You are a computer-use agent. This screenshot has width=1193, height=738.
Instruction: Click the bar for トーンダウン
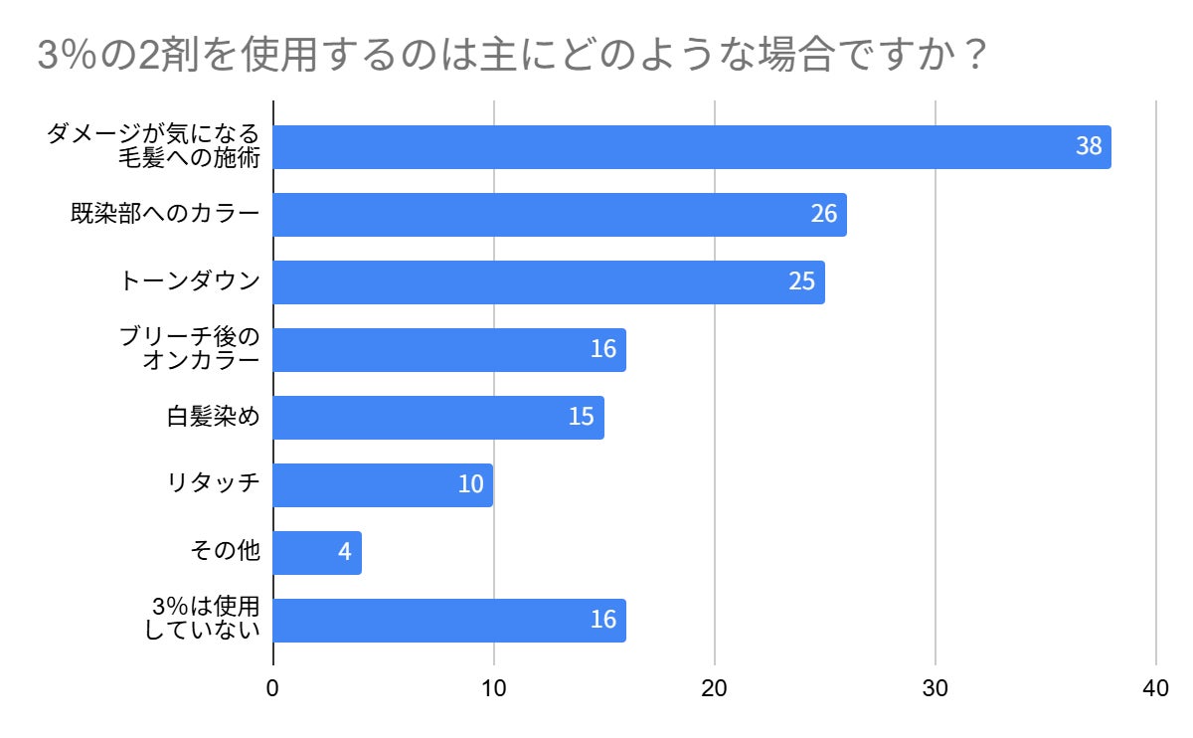click(549, 282)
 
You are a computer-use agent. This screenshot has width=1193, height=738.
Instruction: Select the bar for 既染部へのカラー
click(560, 215)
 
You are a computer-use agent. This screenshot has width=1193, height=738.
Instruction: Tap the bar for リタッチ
click(383, 485)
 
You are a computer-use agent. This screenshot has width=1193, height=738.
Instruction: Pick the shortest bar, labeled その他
click(317, 553)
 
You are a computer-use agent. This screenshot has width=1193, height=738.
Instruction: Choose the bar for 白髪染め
click(438, 418)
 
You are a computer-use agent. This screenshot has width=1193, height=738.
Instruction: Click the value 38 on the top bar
click(1089, 146)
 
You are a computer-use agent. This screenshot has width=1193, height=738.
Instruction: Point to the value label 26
click(824, 214)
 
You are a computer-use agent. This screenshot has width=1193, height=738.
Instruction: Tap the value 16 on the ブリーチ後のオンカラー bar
click(603, 349)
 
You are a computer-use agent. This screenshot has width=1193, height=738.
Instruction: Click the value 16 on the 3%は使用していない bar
click(603, 620)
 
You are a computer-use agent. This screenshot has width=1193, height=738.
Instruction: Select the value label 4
click(345, 552)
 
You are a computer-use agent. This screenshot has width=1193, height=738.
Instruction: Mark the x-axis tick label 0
click(272, 688)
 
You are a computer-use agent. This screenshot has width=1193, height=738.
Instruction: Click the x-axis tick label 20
click(714, 688)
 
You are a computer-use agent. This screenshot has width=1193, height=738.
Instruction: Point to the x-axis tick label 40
click(1155, 688)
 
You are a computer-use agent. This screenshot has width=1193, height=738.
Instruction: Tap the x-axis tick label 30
click(935, 688)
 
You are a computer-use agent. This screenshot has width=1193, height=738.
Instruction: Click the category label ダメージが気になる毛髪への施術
click(153, 146)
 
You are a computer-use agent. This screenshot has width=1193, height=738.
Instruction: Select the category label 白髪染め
click(213, 417)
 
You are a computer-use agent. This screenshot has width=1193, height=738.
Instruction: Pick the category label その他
click(226, 550)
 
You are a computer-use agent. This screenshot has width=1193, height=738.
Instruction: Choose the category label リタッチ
click(213, 483)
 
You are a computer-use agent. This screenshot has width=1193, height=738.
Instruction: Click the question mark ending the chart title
click(976, 54)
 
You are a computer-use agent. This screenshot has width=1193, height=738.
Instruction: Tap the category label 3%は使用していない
click(203, 618)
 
